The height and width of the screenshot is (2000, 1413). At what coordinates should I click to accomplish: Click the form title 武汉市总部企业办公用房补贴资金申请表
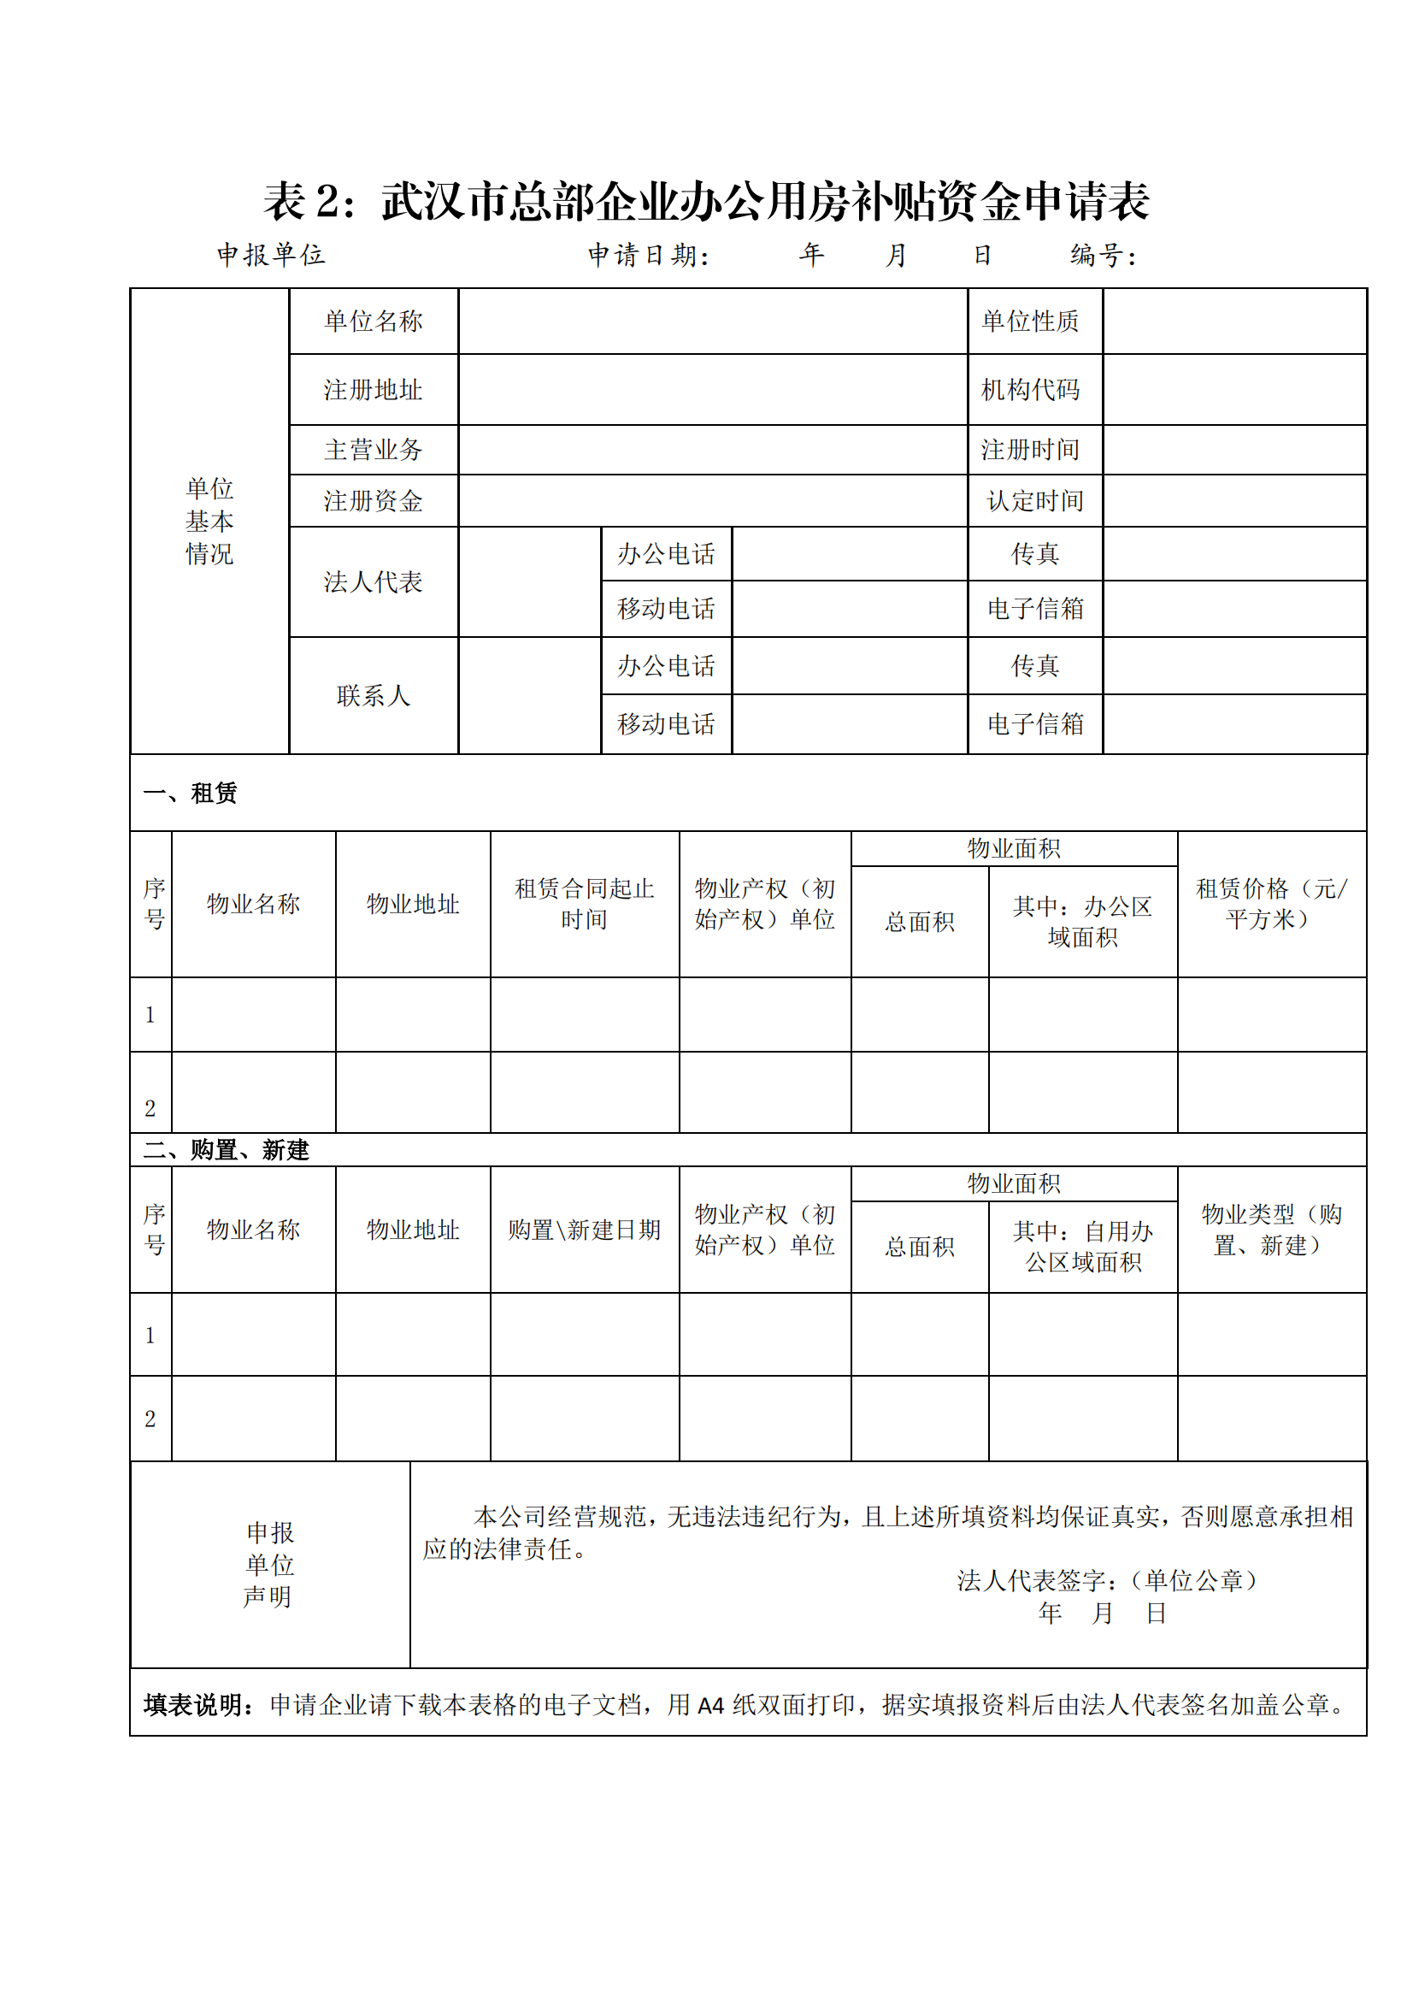point(764,202)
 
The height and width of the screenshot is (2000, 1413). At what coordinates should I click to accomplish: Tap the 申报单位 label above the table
point(271,255)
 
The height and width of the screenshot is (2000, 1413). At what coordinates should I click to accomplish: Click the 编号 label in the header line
point(1102,255)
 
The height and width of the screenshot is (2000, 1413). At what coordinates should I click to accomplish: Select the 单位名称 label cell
point(373,322)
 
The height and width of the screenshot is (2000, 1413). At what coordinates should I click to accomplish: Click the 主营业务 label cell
point(373,450)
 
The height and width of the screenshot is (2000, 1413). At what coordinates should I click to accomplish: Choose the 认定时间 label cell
point(1034,501)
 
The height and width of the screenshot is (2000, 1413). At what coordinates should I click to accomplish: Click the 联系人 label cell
point(373,695)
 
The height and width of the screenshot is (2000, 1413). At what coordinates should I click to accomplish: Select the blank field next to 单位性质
point(1233,322)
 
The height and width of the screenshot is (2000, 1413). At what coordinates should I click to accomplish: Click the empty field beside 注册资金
point(712,501)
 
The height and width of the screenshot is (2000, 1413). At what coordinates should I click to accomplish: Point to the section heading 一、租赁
point(191,793)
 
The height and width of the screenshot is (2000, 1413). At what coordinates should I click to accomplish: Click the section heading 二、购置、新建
point(227,1150)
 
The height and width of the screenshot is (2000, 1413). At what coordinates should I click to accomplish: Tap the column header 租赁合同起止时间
point(584,903)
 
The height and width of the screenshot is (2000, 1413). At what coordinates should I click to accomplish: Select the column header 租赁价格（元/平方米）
point(1271,903)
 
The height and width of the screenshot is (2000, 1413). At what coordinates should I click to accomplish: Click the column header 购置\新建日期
point(584,1229)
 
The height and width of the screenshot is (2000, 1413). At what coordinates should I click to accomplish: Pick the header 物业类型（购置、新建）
point(1271,1229)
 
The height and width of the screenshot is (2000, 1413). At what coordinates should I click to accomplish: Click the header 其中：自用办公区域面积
point(1082,1247)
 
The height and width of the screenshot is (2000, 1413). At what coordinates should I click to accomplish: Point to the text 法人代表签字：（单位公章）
point(1108,1580)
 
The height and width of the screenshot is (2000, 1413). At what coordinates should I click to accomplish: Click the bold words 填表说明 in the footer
point(192,1705)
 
